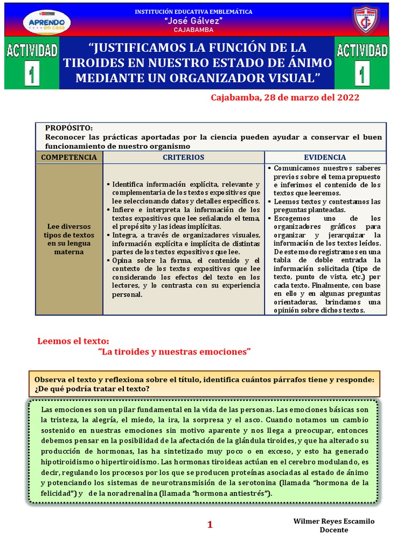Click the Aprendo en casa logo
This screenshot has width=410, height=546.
(x=47, y=21)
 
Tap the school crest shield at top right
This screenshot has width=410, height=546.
(x=366, y=20)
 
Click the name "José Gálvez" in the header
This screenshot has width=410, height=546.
(x=193, y=20)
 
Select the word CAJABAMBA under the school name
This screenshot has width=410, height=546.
(x=193, y=30)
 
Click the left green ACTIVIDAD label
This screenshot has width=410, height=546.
(x=32, y=51)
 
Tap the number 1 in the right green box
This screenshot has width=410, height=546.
(x=361, y=75)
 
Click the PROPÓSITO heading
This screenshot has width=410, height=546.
(x=69, y=128)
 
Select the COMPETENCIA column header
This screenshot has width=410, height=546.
(x=69, y=157)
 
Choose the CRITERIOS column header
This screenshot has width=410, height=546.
(x=183, y=157)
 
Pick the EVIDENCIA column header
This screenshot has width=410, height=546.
(x=325, y=157)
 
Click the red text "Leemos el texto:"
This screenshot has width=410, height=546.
(x=73, y=341)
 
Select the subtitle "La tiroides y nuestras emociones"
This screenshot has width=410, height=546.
(x=175, y=352)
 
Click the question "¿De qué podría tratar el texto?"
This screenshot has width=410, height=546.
(x=92, y=389)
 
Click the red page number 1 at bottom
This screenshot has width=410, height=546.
(x=210, y=525)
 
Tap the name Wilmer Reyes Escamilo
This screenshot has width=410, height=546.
(x=334, y=521)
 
